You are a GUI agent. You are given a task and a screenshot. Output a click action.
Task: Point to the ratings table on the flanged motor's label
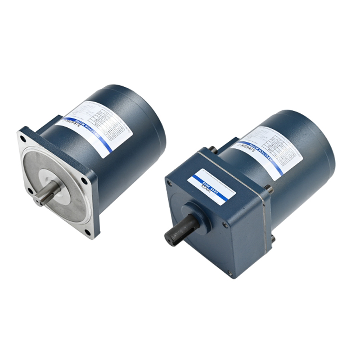108,121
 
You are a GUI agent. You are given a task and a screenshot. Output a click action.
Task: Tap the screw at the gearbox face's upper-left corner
170,183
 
